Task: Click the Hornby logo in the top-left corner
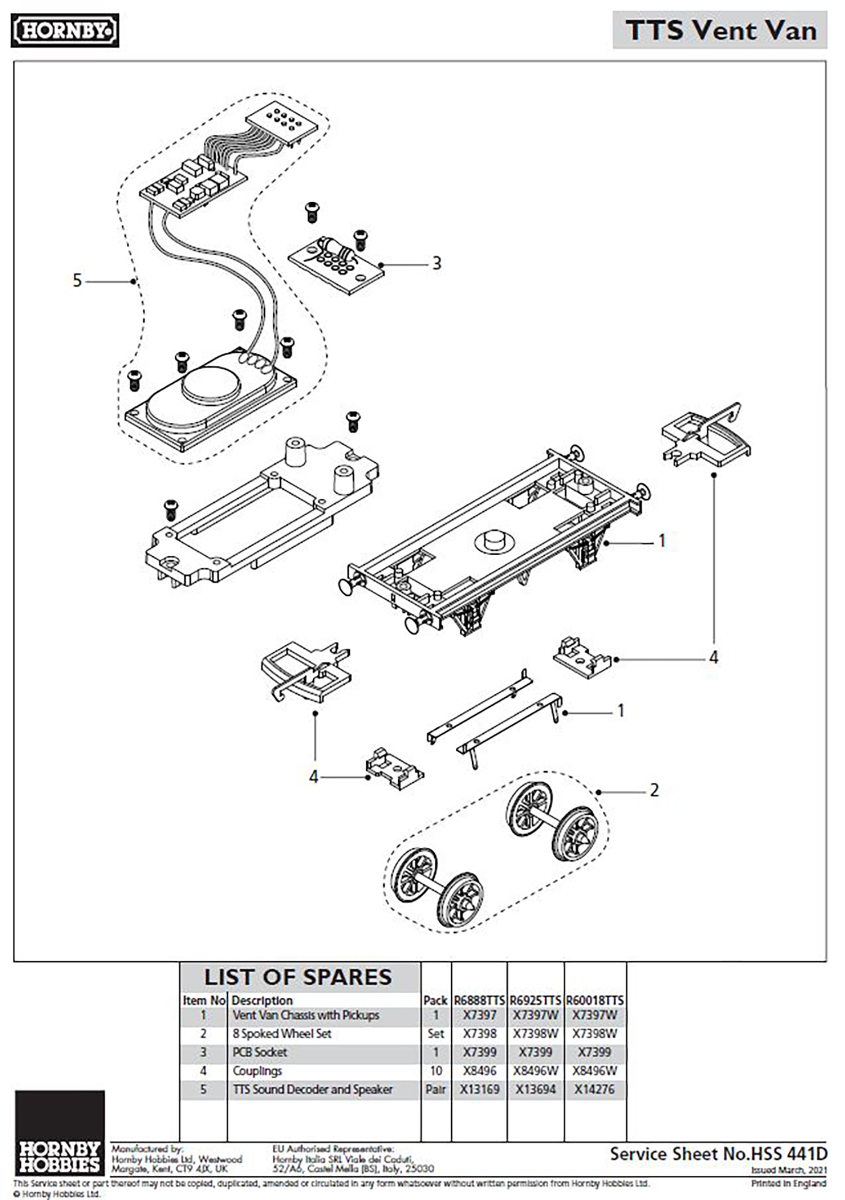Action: point(65,30)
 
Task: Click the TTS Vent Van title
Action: point(721,30)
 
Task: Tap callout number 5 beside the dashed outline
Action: point(77,280)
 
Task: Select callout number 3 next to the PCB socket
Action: point(437,263)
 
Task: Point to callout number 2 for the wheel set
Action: point(654,790)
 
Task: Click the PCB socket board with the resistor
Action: point(336,265)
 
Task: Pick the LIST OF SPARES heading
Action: point(298,977)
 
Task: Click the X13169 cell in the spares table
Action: point(479,1089)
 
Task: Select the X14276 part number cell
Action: point(594,1089)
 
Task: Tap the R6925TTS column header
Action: point(535,1000)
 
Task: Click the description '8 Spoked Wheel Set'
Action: point(282,1034)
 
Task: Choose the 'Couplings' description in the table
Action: point(257,1070)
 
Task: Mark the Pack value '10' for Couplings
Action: point(435,1070)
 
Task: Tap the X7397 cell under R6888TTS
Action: point(479,1015)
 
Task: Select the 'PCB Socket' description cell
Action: point(260,1052)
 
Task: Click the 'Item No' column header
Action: point(204,1000)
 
